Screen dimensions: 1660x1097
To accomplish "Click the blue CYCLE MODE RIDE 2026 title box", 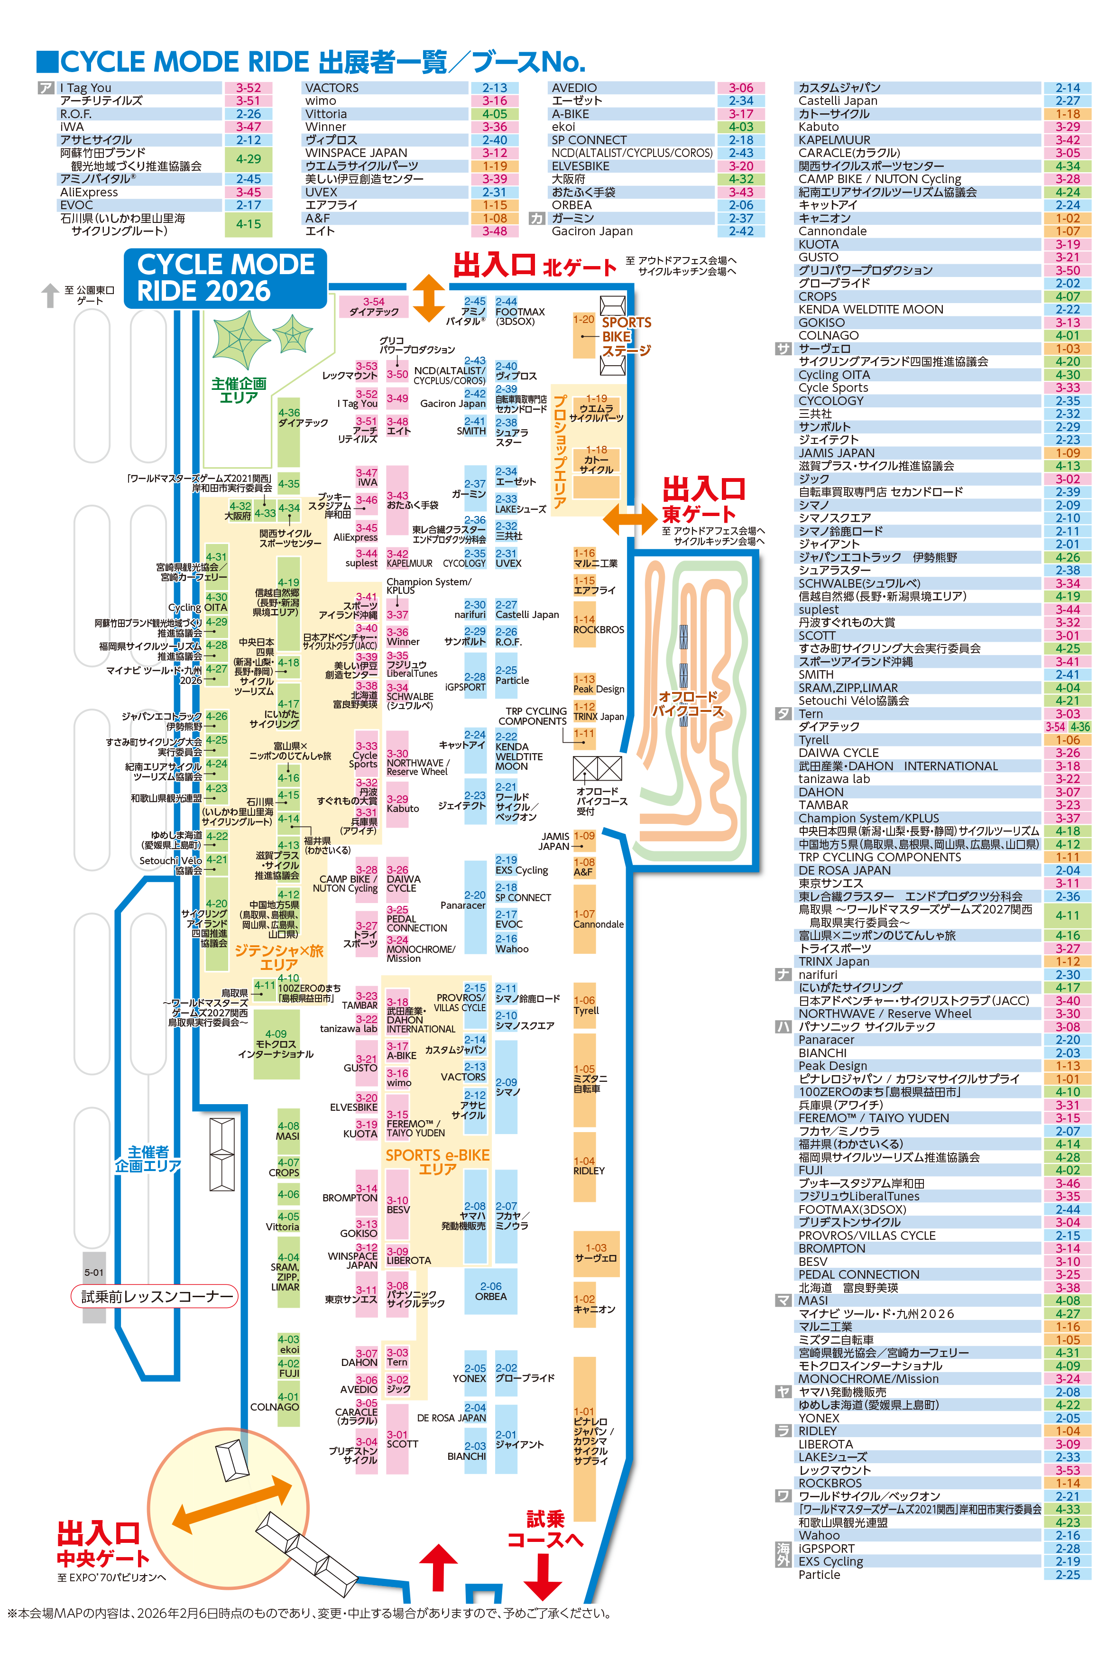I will point(225,278).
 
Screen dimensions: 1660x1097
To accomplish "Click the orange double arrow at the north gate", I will point(428,298).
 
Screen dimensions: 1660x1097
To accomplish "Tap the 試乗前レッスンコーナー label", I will point(155,1296).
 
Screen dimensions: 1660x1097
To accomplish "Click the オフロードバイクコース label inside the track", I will point(687,703).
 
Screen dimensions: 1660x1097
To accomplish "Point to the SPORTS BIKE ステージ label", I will point(626,336).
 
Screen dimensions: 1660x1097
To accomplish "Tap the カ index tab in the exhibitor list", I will point(536,218).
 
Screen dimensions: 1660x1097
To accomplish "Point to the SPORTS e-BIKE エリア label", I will point(437,1161).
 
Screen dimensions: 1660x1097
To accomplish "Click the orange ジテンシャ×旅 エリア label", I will point(278,957).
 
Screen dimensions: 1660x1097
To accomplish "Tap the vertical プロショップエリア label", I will point(560,451).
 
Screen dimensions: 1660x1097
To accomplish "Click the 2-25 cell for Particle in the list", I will point(1067,1574).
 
